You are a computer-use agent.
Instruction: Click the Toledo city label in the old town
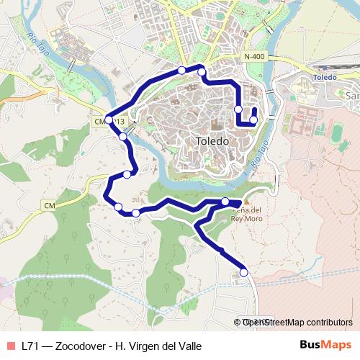(212, 142)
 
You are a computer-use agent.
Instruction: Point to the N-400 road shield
(255, 57)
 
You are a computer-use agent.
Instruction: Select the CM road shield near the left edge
(49, 207)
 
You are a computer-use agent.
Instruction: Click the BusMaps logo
(327, 346)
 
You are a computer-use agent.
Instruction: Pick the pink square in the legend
(11, 346)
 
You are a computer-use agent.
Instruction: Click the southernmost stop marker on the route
(244, 272)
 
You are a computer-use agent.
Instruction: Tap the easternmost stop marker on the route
(253, 120)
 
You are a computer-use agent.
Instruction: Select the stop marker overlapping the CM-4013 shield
(109, 120)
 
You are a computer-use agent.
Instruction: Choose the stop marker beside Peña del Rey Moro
(225, 202)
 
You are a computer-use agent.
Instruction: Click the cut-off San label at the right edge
(353, 96)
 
